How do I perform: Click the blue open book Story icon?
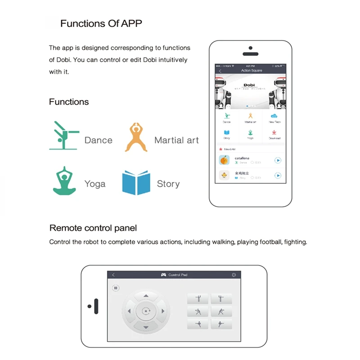coord(136,183)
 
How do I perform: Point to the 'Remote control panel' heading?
coord(93,228)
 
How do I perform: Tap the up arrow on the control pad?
coord(145,296)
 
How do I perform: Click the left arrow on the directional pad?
coord(129,311)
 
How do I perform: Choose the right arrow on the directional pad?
coord(161,311)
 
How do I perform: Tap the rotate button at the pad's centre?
coord(145,311)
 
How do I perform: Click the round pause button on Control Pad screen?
coord(116,288)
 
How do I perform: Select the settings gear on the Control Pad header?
coord(234,275)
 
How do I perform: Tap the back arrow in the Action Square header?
coord(220,71)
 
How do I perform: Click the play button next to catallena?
coord(278,160)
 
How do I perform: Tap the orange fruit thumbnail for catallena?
coord(224,160)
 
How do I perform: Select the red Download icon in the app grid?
coord(274,133)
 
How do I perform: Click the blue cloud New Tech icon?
coord(274,117)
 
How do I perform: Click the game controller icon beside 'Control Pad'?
coord(163,275)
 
